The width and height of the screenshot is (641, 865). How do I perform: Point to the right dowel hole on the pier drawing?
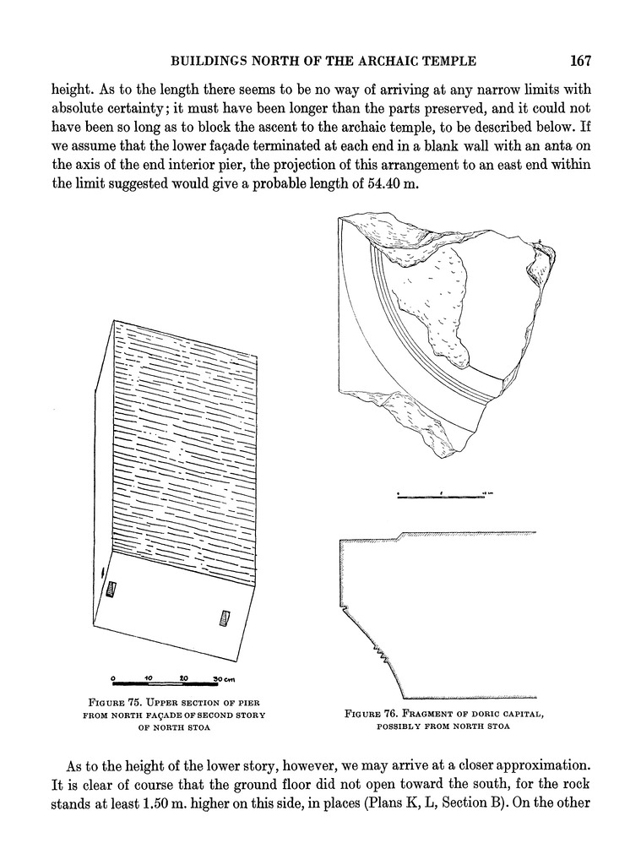click(224, 617)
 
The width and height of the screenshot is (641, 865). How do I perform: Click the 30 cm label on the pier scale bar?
click(223, 679)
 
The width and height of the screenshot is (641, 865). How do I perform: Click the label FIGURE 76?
click(372, 715)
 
